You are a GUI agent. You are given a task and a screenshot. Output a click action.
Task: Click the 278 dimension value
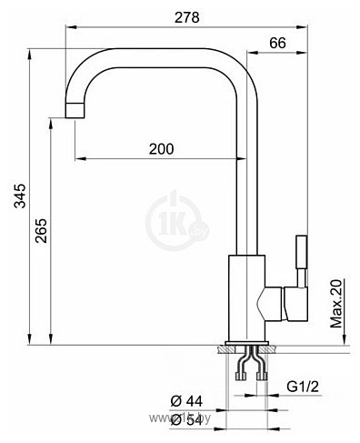(186, 17)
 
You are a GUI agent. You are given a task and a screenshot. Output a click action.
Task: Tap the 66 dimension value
(277, 43)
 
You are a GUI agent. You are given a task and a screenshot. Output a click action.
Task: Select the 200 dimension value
(161, 148)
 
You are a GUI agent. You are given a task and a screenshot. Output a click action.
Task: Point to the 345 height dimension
(20, 196)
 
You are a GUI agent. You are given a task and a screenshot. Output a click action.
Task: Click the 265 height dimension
(41, 230)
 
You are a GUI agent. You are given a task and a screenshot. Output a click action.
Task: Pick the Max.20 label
(335, 303)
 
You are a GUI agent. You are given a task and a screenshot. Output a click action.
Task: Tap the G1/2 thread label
(303, 387)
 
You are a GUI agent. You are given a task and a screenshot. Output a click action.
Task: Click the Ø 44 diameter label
(186, 401)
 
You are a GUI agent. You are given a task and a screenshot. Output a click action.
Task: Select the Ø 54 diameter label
(186, 420)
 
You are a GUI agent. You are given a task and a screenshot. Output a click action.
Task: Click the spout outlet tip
(75, 110)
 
